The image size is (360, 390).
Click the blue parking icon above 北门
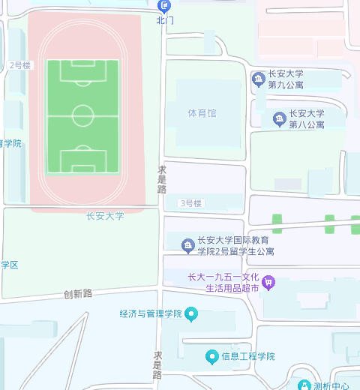[165, 7]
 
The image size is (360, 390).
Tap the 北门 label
[165, 21]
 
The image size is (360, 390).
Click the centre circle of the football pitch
[83, 116]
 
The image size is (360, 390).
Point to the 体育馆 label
[202, 113]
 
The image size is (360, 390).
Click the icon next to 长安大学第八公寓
[279, 118]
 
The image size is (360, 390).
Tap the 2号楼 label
[20, 66]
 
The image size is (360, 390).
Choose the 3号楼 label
[190, 203]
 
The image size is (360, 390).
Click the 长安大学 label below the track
[105, 216]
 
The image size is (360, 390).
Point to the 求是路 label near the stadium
[162, 179]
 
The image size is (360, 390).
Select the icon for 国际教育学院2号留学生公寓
[187, 245]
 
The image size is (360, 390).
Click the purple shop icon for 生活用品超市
[269, 283]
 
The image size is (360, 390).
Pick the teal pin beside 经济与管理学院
[191, 313]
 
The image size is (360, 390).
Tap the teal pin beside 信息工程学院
[212, 355]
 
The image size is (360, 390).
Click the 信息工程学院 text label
[248, 355]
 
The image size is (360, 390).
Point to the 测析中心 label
[331, 386]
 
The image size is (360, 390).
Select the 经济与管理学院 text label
[151, 313]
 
